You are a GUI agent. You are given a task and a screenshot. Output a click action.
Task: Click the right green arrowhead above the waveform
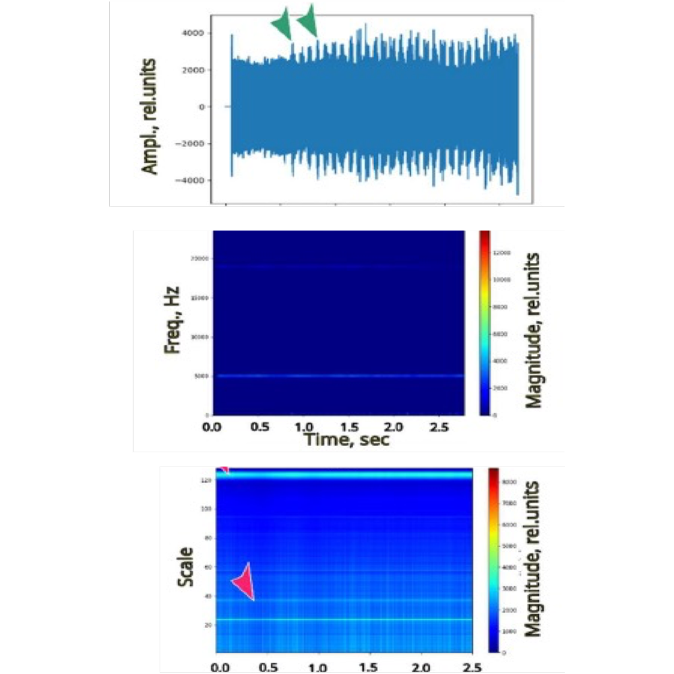[x=308, y=20]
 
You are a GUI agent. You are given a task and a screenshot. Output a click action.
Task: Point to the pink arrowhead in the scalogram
[x=244, y=582]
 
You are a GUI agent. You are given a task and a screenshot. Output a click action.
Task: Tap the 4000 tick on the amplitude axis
[x=193, y=32]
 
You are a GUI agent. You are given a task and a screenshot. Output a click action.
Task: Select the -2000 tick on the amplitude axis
[x=191, y=144]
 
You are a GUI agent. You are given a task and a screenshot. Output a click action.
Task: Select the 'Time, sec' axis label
[x=346, y=440]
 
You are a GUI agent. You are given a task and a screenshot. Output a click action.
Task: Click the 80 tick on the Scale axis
[x=206, y=538]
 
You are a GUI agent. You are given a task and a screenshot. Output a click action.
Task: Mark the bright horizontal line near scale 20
[x=344, y=619]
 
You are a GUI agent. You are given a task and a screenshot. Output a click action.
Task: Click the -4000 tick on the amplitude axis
[x=191, y=181]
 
